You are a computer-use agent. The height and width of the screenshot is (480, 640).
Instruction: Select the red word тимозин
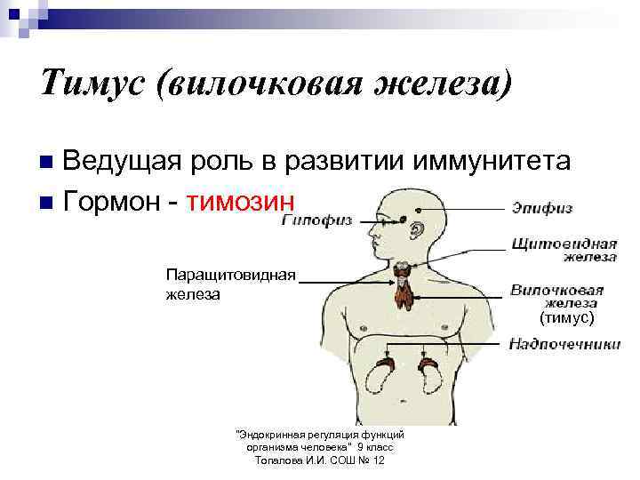pyautogui.click(x=238, y=201)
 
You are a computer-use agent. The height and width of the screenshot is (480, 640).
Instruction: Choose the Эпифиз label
pyautogui.click(x=540, y=208)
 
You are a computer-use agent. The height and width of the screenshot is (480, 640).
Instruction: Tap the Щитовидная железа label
pyautogui.click(x=564, y=249)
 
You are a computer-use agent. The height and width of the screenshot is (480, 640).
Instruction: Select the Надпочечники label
pyautogui.click(x=564, y=344)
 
